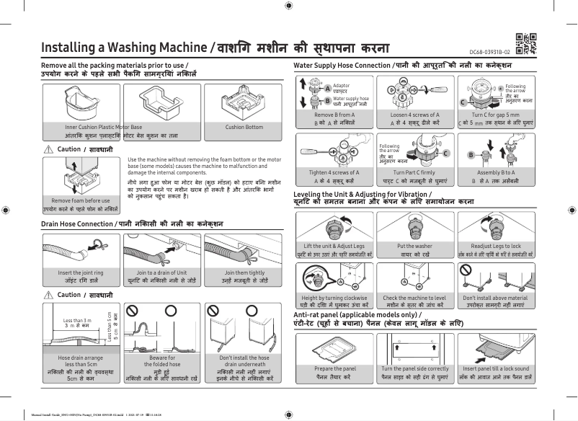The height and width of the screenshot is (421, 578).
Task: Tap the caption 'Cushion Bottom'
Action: pos(244,127)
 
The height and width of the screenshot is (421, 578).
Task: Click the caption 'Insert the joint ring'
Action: pos(81,273)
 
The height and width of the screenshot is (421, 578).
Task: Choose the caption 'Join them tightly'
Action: pos(244,273)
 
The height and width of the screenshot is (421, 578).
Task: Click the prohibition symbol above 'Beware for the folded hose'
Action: pos(131,309)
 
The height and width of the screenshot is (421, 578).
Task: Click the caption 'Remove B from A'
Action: pos(334,115)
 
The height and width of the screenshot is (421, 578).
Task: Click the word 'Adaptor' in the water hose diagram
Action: pos(342,86)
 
